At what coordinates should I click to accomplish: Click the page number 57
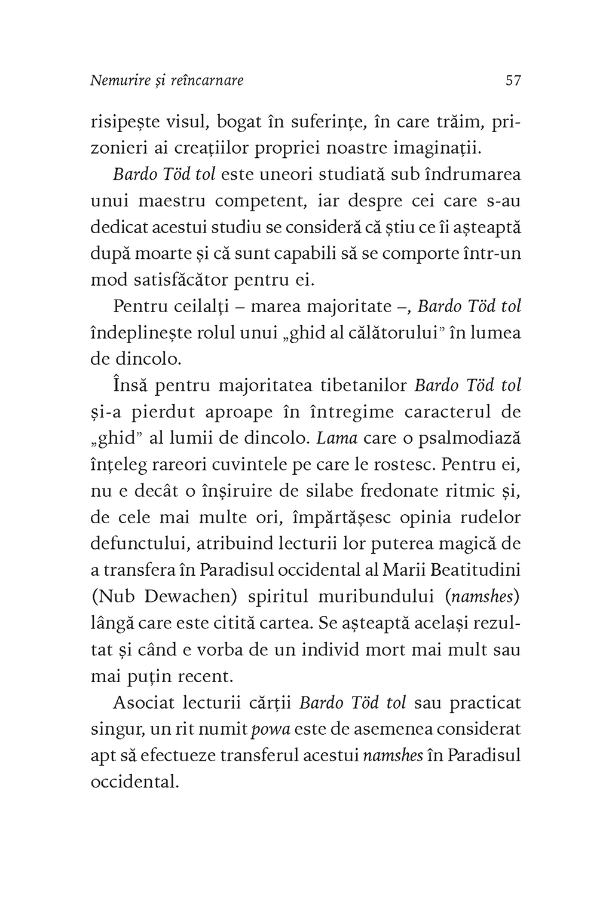click(x=513, y=80)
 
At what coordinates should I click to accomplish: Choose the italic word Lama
click(x=336, y=438)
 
